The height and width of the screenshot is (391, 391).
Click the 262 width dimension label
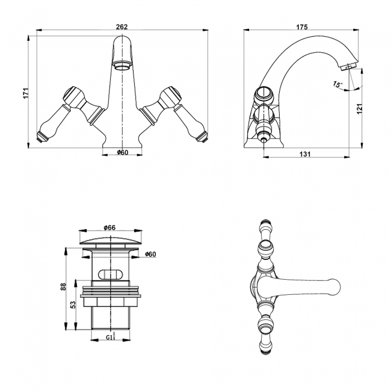pos(122,26)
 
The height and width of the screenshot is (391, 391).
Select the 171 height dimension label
pos(26,93)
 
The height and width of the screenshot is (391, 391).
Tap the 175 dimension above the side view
pos(302,26)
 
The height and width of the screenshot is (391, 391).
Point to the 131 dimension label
pos(305,154)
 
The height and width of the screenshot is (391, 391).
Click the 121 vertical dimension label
pos(360,109)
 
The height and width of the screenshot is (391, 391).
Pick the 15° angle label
pos(337,84)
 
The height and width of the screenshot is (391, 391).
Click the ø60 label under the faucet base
pos(123,152)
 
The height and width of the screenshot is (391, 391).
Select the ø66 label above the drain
pos(109,227)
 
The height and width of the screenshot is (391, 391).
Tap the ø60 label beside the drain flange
pos(150,254)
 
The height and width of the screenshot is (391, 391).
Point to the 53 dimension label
pos(73,304)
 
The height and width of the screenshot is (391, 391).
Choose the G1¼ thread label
pos(111,337)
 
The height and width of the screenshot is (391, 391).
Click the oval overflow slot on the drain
pos(111,274)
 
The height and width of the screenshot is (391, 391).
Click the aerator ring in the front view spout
pos(122,66)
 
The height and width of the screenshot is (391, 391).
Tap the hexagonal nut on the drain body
pos(111,302)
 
